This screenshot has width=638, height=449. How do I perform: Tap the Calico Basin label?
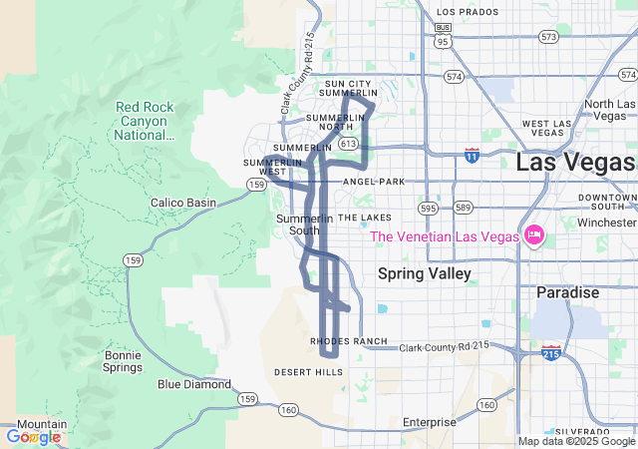click(x=182, y=203)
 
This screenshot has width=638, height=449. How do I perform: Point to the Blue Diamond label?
click(x=194, y=384)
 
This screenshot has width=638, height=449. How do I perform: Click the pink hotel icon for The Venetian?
click(x=533, y=235)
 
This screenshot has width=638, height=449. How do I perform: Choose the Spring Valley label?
click(x=425, y=272)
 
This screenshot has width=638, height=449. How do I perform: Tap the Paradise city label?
click(x=567, y=293)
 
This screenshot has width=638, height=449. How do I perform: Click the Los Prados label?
click(x=467, y=12)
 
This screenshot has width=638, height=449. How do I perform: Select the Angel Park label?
click(x=374, y=182)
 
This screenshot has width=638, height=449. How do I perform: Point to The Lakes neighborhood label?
click(x=365, y=217)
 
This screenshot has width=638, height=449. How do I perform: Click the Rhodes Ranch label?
click(x=349, y=341)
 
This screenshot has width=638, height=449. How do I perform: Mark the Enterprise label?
click(x=429, y=422)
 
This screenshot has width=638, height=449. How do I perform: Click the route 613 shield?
click(x=347, y=144)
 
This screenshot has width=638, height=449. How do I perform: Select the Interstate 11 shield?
click(x=472, y=155)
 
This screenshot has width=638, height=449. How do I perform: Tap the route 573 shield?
click(x=548, y=37)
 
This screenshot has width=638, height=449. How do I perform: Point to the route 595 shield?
click(x=429, y=209)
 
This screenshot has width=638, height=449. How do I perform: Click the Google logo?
click(x=33, y=437)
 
